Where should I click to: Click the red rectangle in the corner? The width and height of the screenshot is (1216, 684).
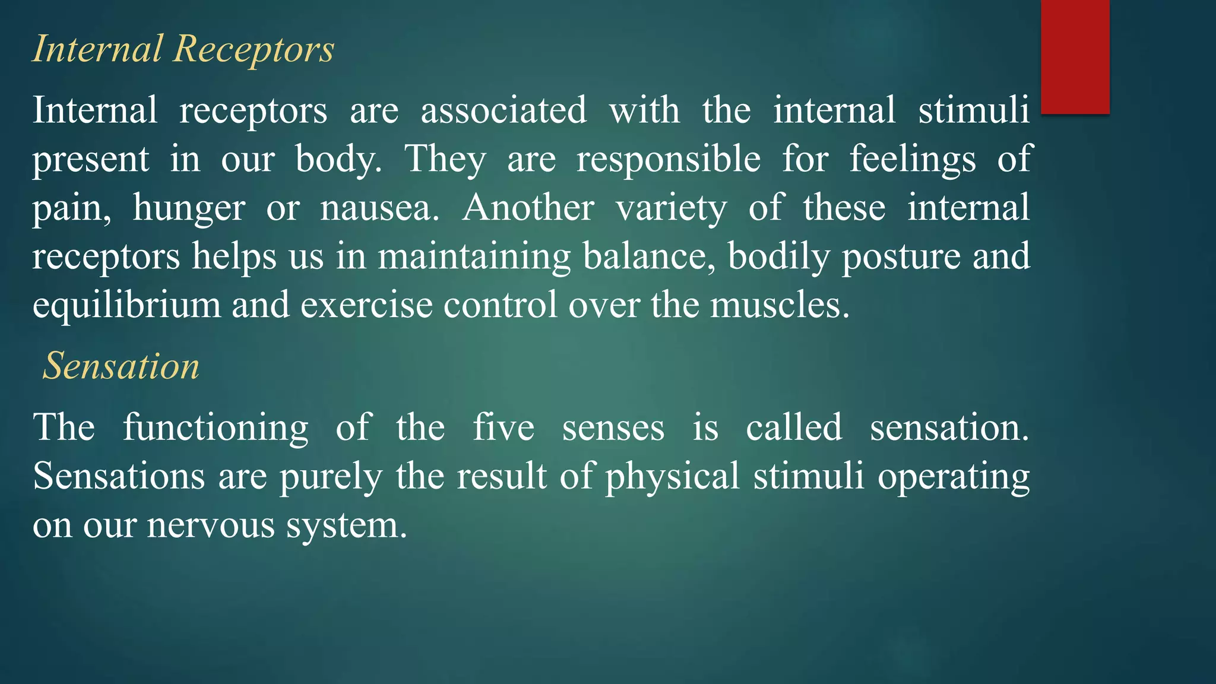[1075, 56]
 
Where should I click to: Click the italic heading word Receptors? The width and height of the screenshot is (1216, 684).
[254, 49]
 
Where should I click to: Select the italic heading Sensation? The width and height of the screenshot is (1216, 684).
[121, 366]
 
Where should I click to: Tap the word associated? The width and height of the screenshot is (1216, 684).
[503, 110]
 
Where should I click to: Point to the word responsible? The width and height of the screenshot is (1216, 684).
[669, 159]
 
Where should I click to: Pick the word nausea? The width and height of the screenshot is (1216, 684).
[379, 208]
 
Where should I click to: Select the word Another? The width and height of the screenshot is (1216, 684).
[528, 208]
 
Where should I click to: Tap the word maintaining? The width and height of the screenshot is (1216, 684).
[474, 256]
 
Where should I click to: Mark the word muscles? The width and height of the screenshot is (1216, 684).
[780, 305]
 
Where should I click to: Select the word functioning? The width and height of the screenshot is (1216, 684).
[216, 428]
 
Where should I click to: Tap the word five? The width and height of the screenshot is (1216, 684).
[503, 427]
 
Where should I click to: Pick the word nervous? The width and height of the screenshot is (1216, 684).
[211, 525]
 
